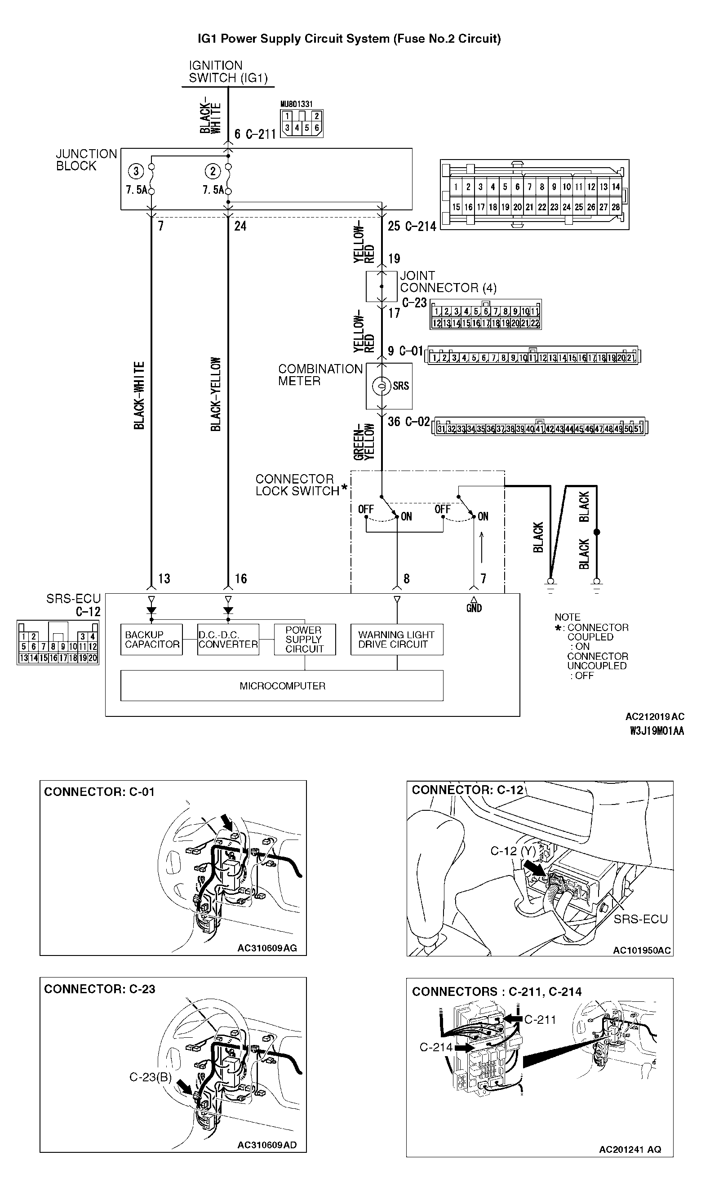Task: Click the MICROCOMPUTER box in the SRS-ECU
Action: [282, 686]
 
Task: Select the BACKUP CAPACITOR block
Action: [152, 640]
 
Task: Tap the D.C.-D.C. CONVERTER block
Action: [228, 640]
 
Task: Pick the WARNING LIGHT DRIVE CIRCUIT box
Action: [396, 640]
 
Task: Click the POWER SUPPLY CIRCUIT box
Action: [304, 640]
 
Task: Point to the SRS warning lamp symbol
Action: [381, 386]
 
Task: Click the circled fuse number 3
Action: [136, 171]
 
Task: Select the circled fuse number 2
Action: [213, 171]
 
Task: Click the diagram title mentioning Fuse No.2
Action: [349, 39]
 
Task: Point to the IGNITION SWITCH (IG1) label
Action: [228, 72]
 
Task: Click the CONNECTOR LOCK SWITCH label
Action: [298, 485]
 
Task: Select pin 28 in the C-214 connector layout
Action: [616, 207]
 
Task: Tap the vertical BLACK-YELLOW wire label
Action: [216, 394]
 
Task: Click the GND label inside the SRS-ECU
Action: [474, 608]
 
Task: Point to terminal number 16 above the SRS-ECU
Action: [240, 578]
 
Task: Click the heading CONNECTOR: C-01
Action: [99, 791]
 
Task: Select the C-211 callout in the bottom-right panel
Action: [540, 1019]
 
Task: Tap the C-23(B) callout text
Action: [151, 1077]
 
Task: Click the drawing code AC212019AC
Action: [654, 716]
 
